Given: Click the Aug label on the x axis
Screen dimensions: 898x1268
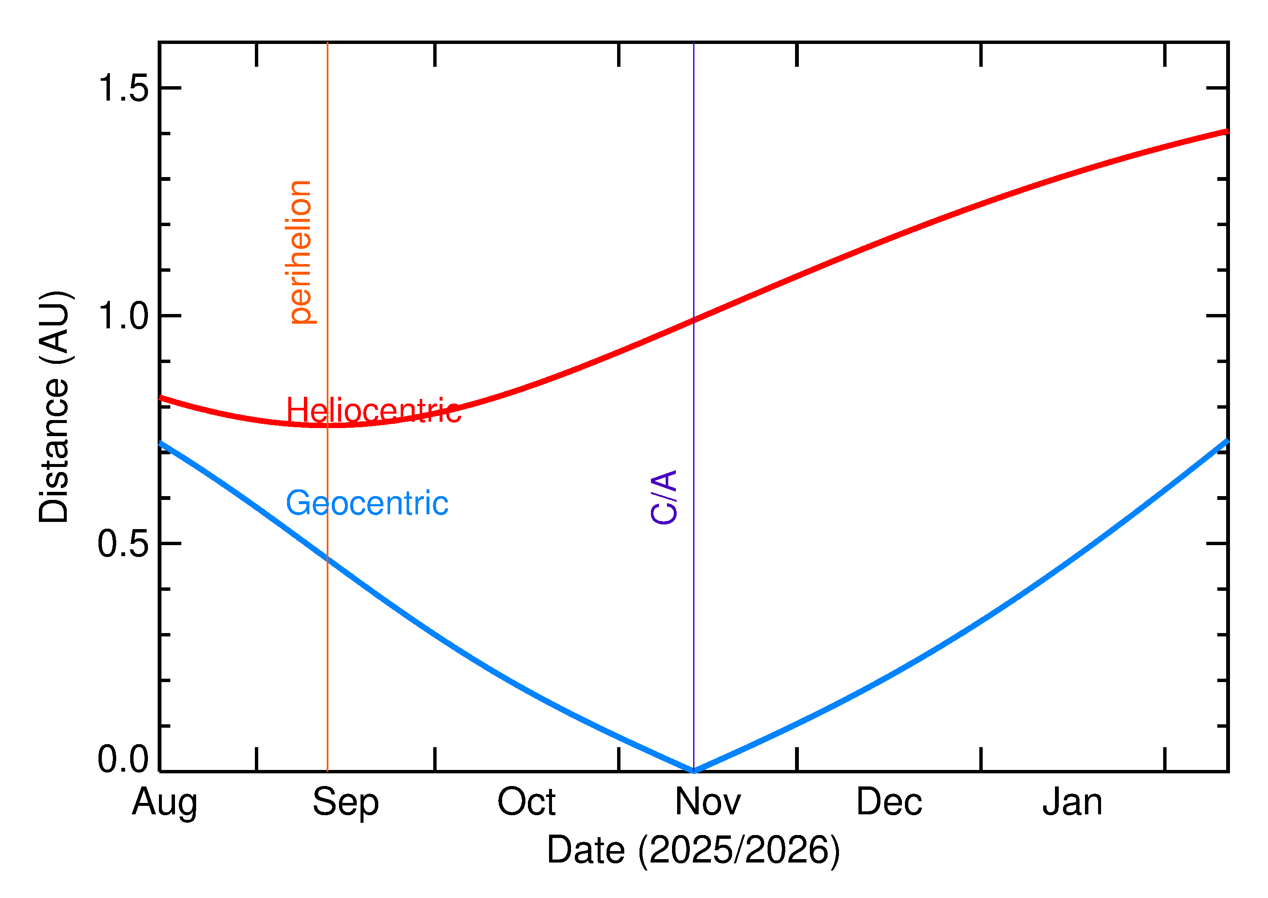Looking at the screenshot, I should [x=164, y=803].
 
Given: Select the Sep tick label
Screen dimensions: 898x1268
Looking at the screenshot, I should [x=346, y=803].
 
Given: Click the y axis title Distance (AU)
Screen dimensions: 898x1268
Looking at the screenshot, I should [x=54, y=407].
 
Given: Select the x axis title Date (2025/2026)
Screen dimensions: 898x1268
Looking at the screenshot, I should [x=693, y=850].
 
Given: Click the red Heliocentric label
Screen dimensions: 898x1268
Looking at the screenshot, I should [x=373, y=411].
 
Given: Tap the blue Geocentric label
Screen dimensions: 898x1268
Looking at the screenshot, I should [x=366, y=503].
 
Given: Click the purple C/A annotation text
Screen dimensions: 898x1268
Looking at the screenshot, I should [x=664, y=497].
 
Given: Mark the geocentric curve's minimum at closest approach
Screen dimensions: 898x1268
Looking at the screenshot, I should [x=694, y=770].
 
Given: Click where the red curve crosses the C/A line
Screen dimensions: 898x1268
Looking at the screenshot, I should [x=694, y=319].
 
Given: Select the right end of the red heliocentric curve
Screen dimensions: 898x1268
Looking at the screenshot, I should [x=1226, y=131].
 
